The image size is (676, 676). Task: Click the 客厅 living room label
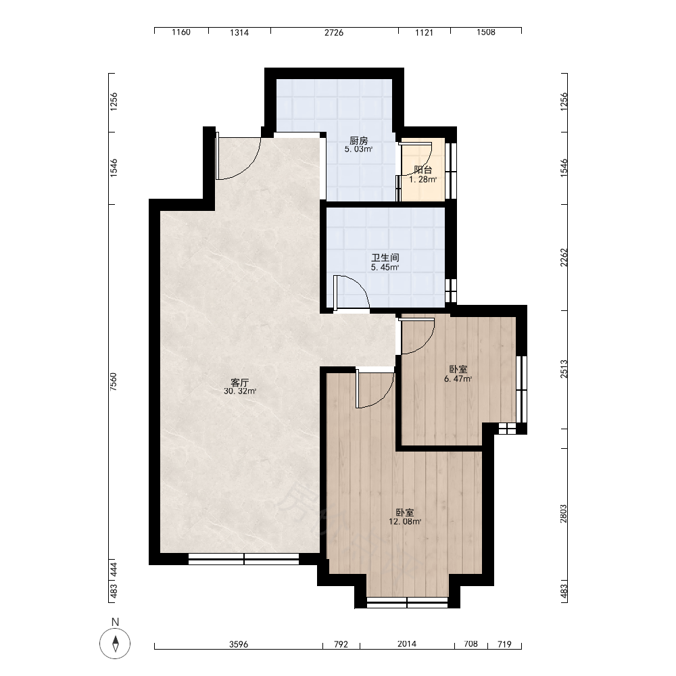[x=240, y=383]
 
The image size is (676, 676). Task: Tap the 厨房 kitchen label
[x=358, y=141]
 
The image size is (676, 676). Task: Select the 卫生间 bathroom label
[x=385, y=258]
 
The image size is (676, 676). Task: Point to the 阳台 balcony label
[x=422, y=170]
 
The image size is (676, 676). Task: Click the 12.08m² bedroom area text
[x=405, y=522]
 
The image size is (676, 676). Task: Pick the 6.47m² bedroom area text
[x=458, y=379]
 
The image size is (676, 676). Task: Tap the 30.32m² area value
[x=240, y=391]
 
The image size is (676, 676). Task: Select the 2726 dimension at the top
[x=334, y=32]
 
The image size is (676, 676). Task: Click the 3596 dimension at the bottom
[x=239, y=644]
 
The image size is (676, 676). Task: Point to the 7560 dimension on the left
[x=114, y=382]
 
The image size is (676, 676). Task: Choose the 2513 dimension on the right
[x=564, y=369]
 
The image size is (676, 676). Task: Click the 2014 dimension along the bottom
[x=406, y=644]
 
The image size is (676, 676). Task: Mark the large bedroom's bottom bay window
[x=407, y=602]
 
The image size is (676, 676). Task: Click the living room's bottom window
[x=243, y=559]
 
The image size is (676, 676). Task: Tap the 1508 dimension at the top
[x=486, y=32]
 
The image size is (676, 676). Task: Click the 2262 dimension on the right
[x=564, y=257]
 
